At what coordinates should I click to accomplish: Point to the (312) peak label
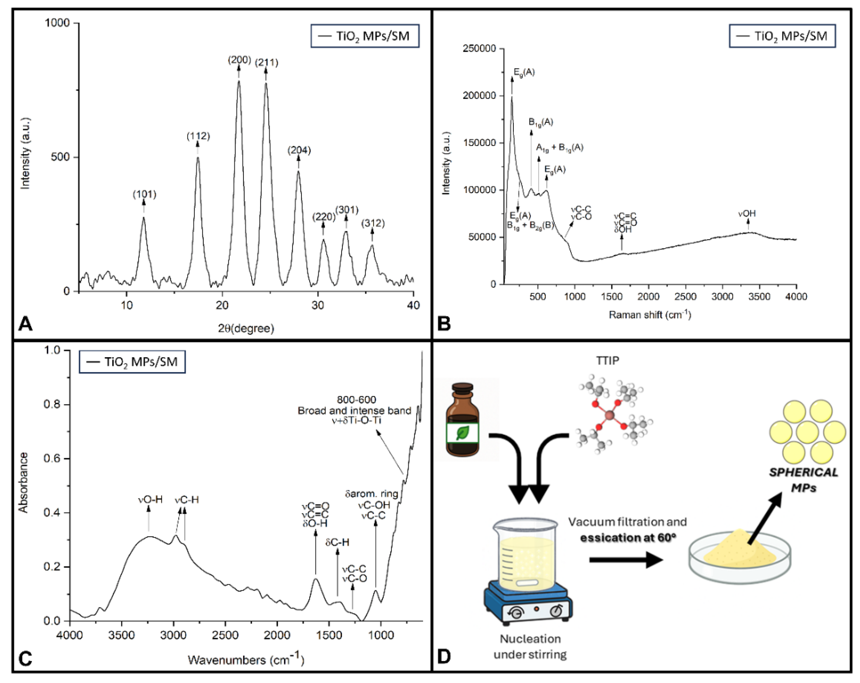pyautogui.click(x=373, y=223)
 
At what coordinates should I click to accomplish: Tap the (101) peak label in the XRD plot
pyautogui.click(x=144, y=195)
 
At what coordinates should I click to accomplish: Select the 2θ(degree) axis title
pyautogui.click(x=246, y=328)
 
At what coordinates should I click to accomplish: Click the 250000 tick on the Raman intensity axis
pyautogui.click(x=479, y=49)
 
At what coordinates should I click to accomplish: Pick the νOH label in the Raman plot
pyautogui.click(x=747, y=214)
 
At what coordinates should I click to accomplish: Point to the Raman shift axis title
pyautogui.click(x=650, y=315)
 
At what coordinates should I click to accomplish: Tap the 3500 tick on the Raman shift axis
pyautogui.click(x=759, y=296)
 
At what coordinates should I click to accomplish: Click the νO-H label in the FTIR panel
pyautogui.click(x=150, y=500)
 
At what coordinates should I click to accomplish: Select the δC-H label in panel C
pyautogui.click(x=337, y=542)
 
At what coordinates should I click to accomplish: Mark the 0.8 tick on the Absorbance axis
pyautogui.click(x=52, y=404)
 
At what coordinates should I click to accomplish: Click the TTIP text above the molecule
pyautogui.click(x=607, y=360)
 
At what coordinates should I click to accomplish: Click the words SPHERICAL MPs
pyautogui.click(x=803, y=480)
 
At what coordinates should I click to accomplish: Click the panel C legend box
pyautogui.click(x=132, y=362)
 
